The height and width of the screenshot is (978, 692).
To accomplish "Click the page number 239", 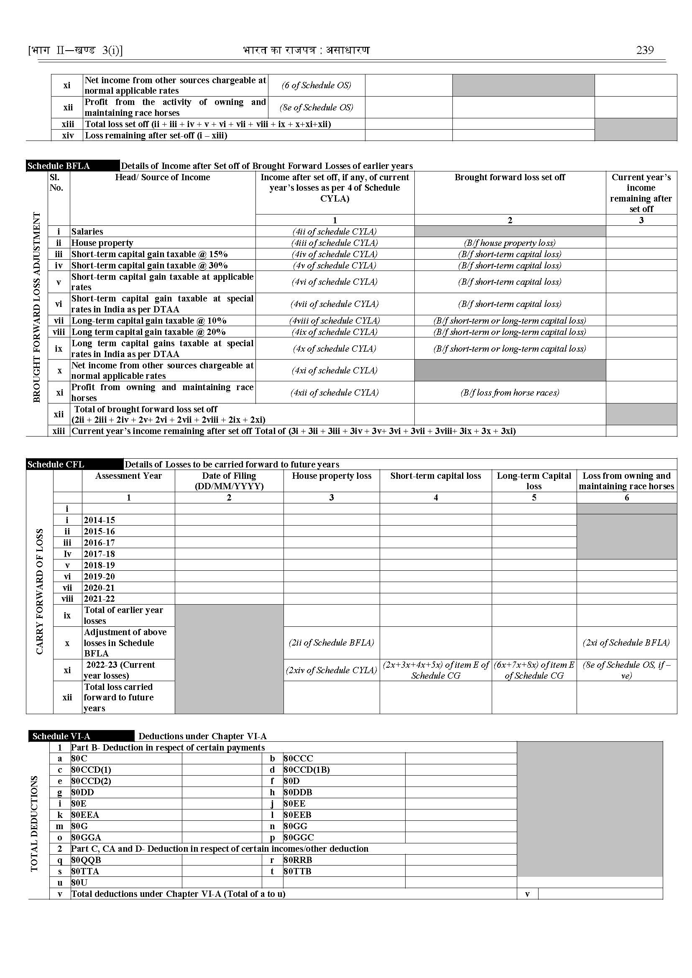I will pyautogui.click(x=644, y=50).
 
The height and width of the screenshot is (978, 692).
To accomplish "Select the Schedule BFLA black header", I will pyautogui.click(x=59, y=166).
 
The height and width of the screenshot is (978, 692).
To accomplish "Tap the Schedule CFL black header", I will pyautogui.click(x=56, y=464).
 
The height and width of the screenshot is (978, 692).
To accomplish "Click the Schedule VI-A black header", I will pyautogui.click(x=61, y=736).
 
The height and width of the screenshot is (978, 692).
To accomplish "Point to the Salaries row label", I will pyautogui.click(x=87, y=231).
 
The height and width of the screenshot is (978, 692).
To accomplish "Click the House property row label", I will pyautogui.click(x=102, y=243).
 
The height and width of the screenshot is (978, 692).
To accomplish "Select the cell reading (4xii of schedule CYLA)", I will pyautogui.click(x=335, y=393).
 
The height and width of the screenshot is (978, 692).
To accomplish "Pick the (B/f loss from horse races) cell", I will pyautogui.click(x=510, y=393).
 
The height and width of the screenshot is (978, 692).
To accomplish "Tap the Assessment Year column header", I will pyautogui.click(x=128, y=476).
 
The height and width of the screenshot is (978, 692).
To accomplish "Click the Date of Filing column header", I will pyautogui.click(x=229, y=481).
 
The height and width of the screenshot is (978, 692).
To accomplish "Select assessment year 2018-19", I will pyautogui.click(x=99, y=565).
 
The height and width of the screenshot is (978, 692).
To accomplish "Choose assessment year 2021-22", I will pyautogui.click(x=99, y=599).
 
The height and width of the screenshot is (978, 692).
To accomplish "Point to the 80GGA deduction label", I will pyautogui.click(x=86, y=838).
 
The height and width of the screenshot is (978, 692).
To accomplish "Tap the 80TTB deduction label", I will pyautogui.click(x=297, y=871).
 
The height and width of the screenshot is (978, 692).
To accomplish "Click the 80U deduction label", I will pyautogui.click(x=79, y=883).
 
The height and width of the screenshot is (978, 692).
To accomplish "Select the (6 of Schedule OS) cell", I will pyautogui.click(x=316, y=85).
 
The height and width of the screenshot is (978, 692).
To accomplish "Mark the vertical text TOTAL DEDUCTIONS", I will pyautogui.click(x=35, y=823).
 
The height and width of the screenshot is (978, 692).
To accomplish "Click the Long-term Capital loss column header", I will pyautogui.click(x=534, y=481).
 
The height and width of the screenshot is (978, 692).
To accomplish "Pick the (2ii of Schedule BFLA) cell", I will pyautogui.click(x=332, y=643).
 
